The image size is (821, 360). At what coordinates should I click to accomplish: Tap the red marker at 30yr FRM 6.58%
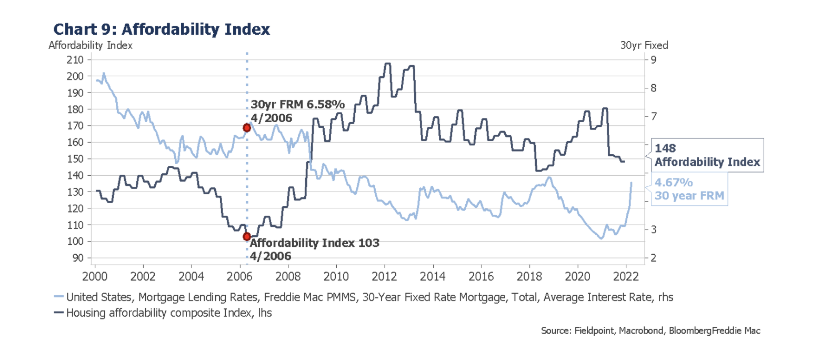(246, 128)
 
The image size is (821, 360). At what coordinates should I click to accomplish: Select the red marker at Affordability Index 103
(246, 236)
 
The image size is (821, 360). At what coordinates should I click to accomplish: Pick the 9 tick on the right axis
(653, 59)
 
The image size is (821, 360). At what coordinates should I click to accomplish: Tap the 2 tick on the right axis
(653, 258)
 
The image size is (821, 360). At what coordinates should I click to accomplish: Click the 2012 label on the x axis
(385, 276)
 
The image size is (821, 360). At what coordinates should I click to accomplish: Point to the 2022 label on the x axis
(626, 276)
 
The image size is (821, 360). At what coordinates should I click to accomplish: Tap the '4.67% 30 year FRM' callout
(689, 189)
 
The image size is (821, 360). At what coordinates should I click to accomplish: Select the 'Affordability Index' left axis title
(91, 45)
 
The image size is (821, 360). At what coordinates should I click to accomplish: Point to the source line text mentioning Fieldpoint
(650, 331)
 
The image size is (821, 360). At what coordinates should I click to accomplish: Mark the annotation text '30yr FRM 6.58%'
(297, 105)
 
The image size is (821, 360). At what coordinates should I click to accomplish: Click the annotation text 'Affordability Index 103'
(314, 243)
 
